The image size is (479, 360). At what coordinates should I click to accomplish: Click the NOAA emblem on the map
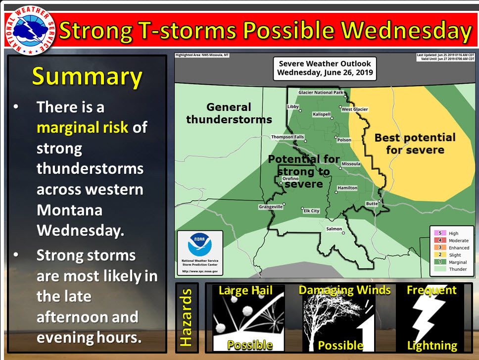pos(199,246)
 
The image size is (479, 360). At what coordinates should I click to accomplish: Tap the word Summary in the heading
pos(87,77)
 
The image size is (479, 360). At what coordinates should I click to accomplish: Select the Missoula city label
pos(351,164)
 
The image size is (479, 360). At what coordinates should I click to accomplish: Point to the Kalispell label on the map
pos(324,114)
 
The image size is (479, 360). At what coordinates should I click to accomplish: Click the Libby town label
pos(293,107)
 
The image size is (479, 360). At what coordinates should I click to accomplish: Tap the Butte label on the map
pos(372,204)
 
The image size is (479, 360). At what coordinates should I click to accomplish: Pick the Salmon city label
pos(334,229)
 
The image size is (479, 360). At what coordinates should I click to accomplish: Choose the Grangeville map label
pos(270,206)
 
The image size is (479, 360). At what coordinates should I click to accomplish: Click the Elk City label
pos(311,211)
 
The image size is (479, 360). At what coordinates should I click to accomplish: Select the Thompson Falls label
pos(287,137)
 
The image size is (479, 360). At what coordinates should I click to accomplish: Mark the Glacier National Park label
pos(321,93)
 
